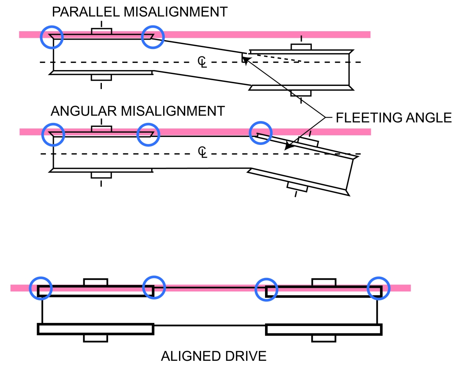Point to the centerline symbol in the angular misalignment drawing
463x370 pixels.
tap(202, 152)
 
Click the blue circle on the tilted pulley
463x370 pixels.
tap(261, 133)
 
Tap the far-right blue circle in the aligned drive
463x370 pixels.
tap(379, 288)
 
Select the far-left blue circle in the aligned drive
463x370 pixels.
tap(40, 288)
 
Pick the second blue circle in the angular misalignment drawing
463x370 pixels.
tap(149, 134)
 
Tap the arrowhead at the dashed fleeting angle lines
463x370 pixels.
tap(245, 59)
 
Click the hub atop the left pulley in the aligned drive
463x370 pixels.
tap(95, 282)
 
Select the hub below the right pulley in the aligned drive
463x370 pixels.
tap(323, 338)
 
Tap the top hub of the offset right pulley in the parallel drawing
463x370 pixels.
tap(301, 47)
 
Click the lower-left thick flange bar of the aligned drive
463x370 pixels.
tap(95, 329)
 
